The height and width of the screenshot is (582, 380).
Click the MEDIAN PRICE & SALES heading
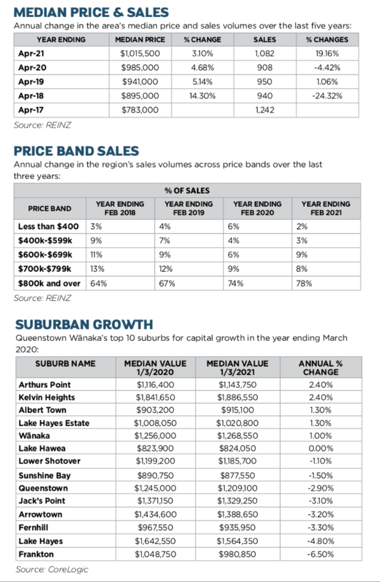pyautogui.click(x=91, y=13)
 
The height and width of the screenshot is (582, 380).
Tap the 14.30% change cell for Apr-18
pyautogui.click(x=203, y=96)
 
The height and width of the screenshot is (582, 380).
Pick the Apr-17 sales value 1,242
pyautogui.click(x=265, y=109)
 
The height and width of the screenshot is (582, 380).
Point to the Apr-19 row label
pyautogui.click(x=31, y=82)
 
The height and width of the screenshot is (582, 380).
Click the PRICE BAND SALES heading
pyautogui.click(x=76, y=151)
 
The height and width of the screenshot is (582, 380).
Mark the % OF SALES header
pyautogui.click(x=187, y=190)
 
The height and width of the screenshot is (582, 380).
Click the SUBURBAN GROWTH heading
pyautogui.click(x=84, y=325)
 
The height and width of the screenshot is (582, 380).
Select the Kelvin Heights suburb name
pyautogui.click(x=47, y=397)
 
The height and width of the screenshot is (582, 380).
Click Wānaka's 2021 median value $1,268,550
pyautogui.click(x=237, y=436)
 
